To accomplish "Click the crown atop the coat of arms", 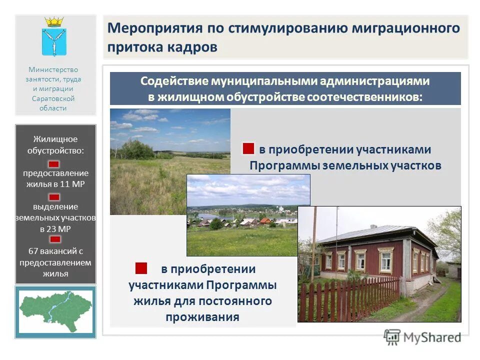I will [x=54, y=22].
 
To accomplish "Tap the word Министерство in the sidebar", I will [x=53, y=70].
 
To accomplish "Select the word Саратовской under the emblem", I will [x=53, y=98].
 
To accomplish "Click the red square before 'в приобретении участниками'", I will [x=248, y=149].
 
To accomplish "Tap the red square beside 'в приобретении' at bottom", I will [x=141, y=268].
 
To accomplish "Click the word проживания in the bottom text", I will [x=202, y=317].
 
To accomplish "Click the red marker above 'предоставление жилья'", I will [x=54, y=164].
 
